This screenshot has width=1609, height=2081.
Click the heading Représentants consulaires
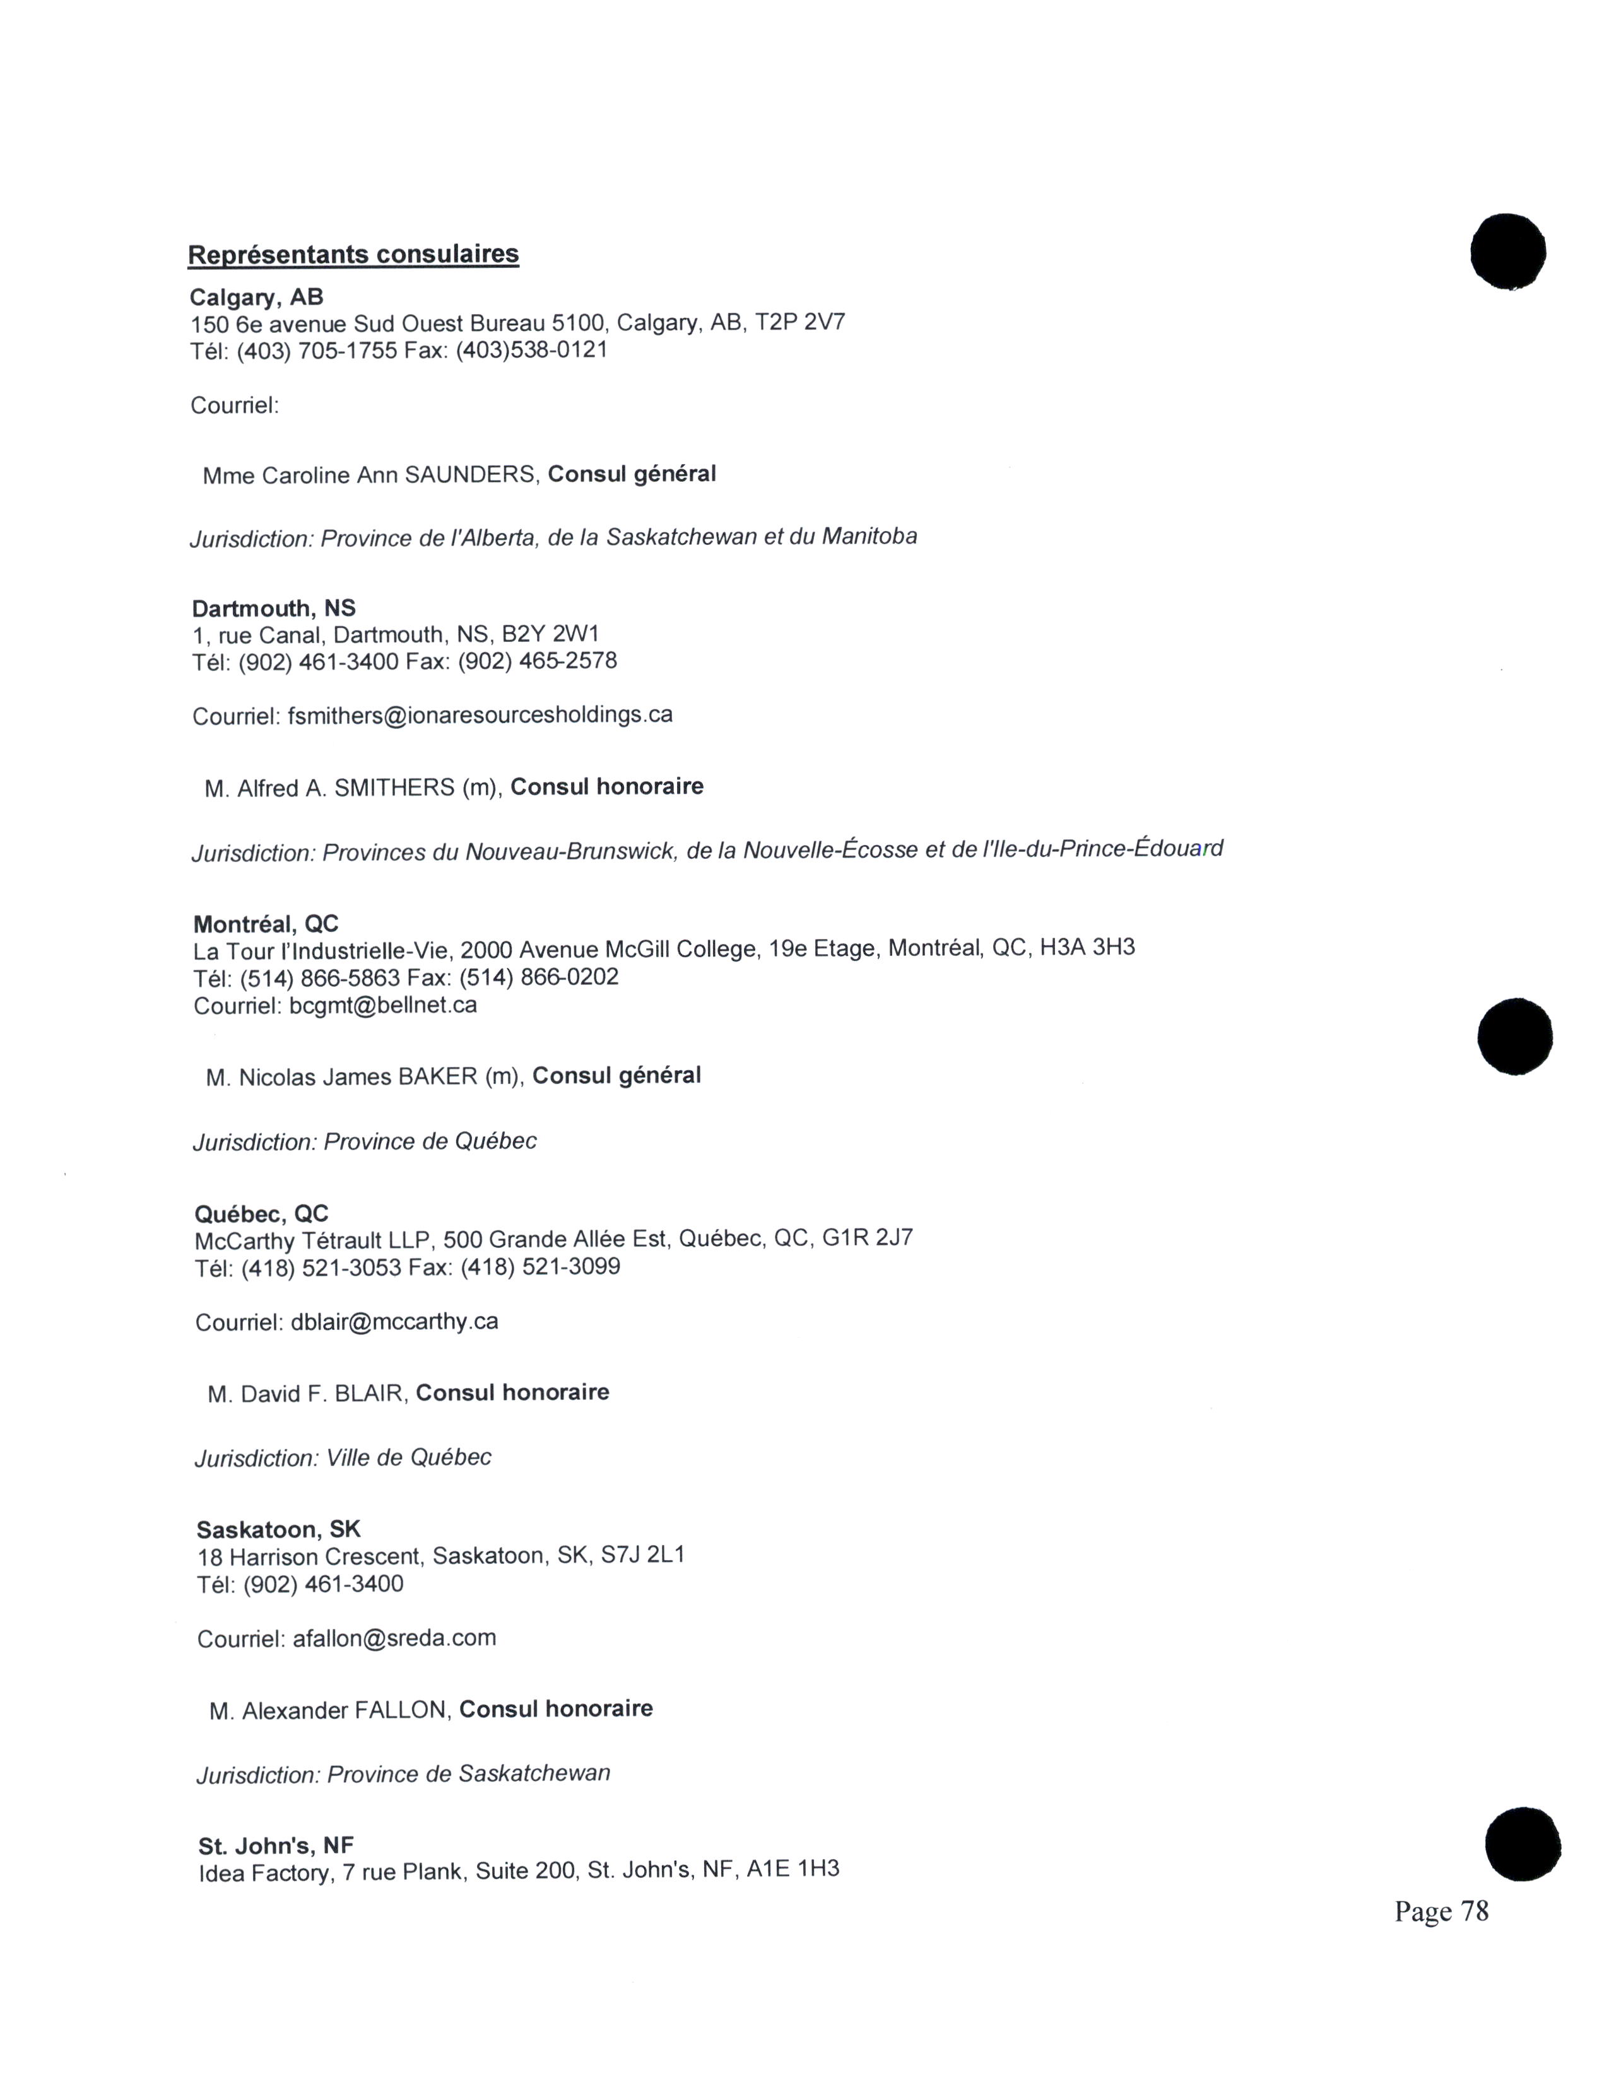pos(353,254)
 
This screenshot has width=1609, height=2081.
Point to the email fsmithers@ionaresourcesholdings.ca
pos(480,714)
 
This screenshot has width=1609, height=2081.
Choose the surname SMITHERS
pos(394,788)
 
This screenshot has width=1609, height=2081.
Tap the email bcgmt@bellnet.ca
pos(382,1005)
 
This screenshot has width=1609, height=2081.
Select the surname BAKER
pos(437,1076)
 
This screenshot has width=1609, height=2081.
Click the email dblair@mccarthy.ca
pos(394,1322)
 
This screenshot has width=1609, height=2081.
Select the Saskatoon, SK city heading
pos(278,1529)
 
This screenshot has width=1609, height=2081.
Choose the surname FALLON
pos(400,1710)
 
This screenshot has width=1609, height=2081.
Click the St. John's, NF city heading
pos(276,1846)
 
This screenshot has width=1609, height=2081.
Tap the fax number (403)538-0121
pos(531,350)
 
